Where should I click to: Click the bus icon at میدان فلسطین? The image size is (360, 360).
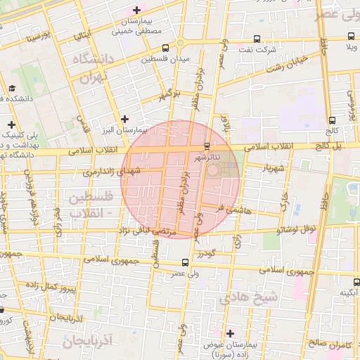165,48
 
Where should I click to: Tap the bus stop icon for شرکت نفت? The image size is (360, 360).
257,39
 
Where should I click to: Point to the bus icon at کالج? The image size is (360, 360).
332,120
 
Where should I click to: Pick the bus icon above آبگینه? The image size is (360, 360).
355,281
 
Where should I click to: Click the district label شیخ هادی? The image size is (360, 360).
248,298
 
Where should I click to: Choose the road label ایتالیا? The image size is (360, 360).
82,35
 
